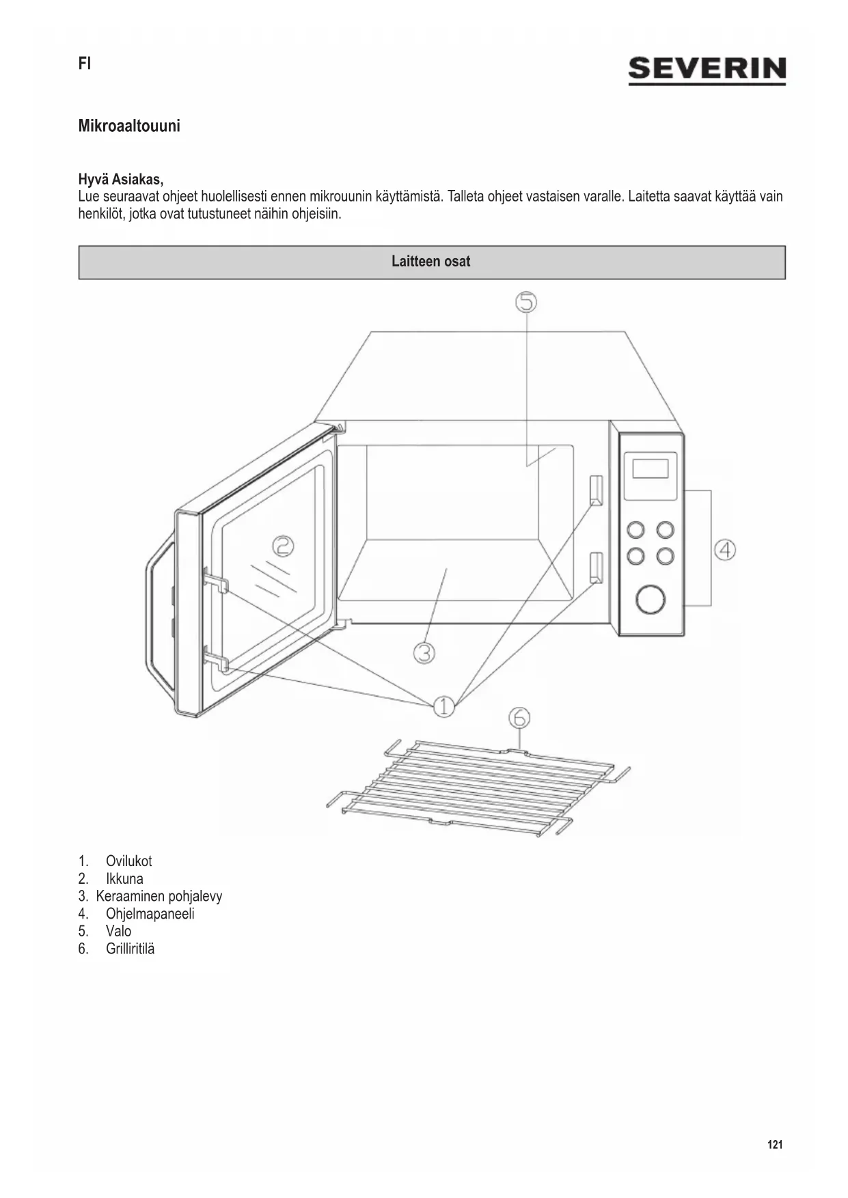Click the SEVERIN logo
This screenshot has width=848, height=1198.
tap(707, 70)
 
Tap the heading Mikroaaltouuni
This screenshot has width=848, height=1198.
tap(129, 126)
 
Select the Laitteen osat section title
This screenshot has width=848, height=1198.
tap(430, 262)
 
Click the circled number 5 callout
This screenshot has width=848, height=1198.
tap(526, 302)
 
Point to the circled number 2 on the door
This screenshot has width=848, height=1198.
tap(283, 546)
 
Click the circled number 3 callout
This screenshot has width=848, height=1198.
tap(424, 653)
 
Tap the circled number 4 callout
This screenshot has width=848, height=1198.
tap(725, 550)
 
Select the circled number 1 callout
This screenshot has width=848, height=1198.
tap(443, 706)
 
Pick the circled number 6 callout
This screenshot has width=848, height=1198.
tap(519, 718)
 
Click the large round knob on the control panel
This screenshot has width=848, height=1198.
tap(650, 599)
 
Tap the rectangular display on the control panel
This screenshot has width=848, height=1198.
tap(650, 469)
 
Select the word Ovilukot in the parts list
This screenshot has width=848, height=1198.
tap(128, 861)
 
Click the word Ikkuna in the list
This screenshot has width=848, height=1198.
tap(124, 879)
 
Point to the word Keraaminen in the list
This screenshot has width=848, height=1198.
tap(130, 896)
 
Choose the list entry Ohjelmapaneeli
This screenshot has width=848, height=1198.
tap(150, 914)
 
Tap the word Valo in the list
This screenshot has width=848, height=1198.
tap(118, 931)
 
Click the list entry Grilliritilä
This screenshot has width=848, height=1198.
tap(130, 949)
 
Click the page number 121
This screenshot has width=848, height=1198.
tap(775, 1145)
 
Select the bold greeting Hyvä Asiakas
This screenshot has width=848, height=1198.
tap(120, 180)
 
